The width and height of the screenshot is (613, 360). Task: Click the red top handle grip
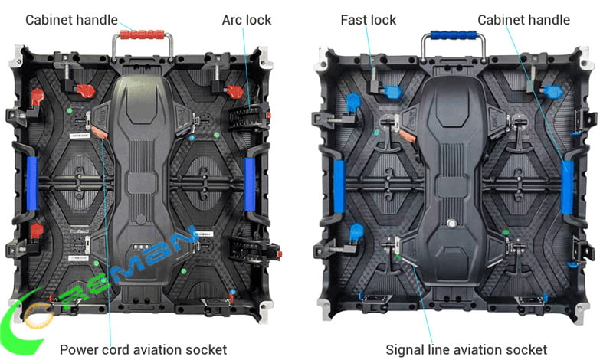click(x=142, y=34)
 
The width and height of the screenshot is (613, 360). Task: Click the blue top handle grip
click(x=453, y=35)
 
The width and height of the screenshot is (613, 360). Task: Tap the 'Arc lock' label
click(x=246, y=20)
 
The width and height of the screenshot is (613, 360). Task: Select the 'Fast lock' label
click(x=369, y=20)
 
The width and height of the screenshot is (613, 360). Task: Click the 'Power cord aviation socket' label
click(x=143, y=349)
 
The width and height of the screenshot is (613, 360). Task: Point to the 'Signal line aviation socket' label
click(x=466, y=349)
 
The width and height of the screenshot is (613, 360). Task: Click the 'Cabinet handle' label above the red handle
click(x=71, y=20)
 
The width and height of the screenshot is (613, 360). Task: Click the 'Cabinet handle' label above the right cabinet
click(x=523, y=20)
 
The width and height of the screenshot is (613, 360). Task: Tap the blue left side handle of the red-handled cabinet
click(x=32, y=183)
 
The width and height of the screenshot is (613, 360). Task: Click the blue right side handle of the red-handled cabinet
click(x=250, y=184)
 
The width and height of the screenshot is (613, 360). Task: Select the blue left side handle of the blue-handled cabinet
click(x=339, y=187)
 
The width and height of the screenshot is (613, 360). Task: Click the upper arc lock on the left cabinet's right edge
click(x=248, y=116)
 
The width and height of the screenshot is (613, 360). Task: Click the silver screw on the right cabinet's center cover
click(x=451, y=224)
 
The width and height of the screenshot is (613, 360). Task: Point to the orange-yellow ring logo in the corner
click(x=38, y=316)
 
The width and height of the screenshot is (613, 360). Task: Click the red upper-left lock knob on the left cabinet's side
click(x=37, y=97)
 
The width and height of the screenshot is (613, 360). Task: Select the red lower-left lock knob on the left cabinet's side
click(x=36, y=231)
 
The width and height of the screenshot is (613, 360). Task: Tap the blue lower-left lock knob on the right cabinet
click(x=356, y=232)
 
